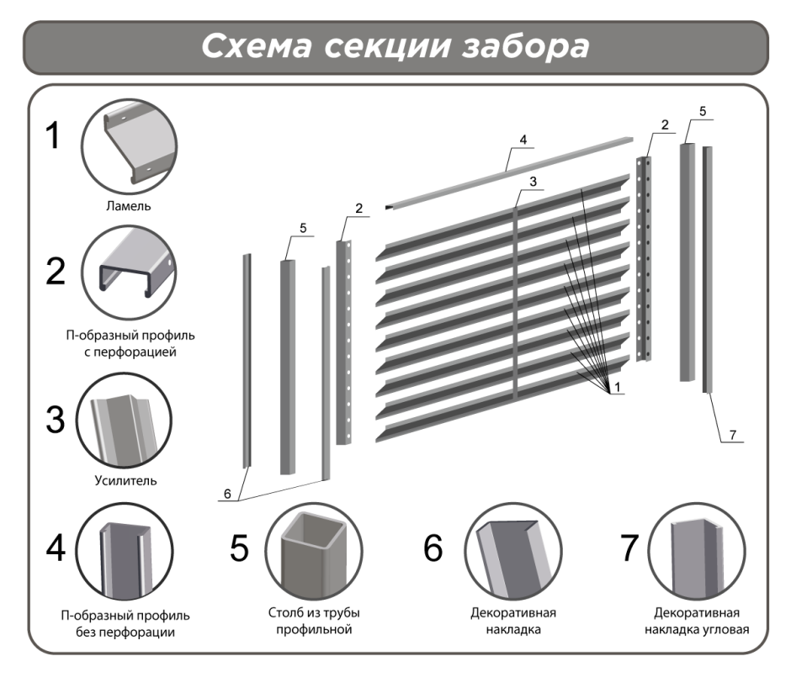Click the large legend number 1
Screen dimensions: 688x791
click(52, 136)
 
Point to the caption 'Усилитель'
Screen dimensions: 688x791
click(126, 481)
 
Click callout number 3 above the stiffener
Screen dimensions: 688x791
click(533, 182)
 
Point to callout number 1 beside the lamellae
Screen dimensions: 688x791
click(617, 387)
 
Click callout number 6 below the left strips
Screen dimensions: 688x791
click(226, 495)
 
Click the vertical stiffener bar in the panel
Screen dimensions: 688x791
click(515, 303)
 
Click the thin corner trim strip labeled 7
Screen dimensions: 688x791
click(708, 269)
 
